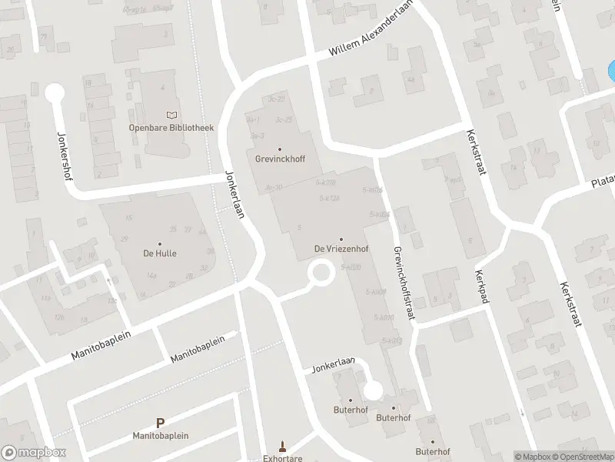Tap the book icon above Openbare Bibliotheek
[171, 115]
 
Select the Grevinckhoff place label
[280, 159]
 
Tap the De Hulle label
[159, 253]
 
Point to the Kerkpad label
[482, 286]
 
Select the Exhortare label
[282, 457]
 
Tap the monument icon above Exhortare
[282, 446]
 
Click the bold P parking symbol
[160, 423]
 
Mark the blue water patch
[610, 72]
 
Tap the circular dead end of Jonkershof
[54, 94]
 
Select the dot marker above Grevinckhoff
[279, 149]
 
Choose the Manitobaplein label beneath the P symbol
[160, 435]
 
